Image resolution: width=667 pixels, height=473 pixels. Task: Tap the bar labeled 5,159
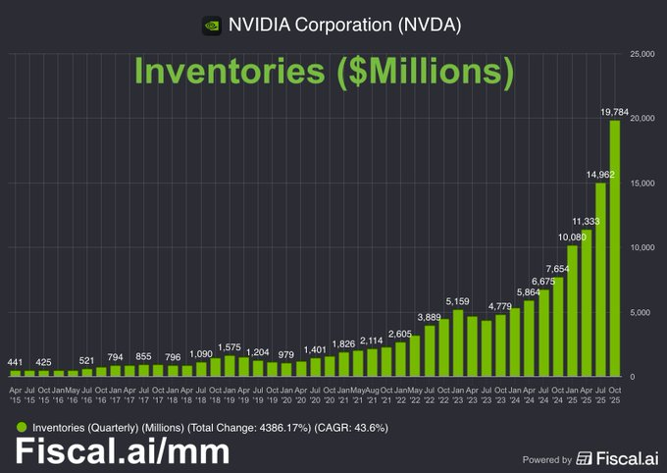(458, 343)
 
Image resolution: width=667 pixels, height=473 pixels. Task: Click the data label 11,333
(586, 222)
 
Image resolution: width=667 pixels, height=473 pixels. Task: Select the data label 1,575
(230, 346)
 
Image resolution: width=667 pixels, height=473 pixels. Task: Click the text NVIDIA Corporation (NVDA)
(344, 25)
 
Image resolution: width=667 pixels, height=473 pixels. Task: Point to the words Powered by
(547, 458)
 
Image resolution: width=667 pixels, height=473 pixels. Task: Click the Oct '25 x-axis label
(615, 395)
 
